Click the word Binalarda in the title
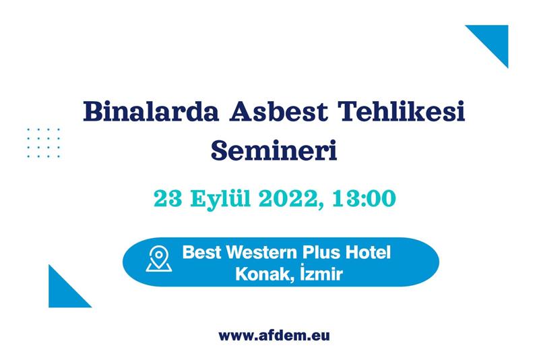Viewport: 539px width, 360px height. [151, 111]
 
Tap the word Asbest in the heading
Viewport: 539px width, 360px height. [279, 111]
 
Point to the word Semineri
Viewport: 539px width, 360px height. [274, 150]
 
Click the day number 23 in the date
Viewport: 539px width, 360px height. [168, 198]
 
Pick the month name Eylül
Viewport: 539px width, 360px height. [220, 200]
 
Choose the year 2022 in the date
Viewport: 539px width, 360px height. [288, 198]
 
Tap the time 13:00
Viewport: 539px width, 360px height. [364, 198]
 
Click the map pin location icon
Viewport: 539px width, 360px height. [159, 259]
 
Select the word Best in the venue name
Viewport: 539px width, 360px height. [201, 252]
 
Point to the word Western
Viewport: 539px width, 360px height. [260, 252]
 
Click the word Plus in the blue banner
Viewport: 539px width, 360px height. [321, 252]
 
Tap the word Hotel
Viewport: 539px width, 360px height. [368, 252]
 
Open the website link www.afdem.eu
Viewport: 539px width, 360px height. [274, 335]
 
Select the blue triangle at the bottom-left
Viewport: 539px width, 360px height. [63, 293]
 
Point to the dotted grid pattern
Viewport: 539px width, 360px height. [43, 143]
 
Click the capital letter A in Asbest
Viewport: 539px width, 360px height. [241, 111]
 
